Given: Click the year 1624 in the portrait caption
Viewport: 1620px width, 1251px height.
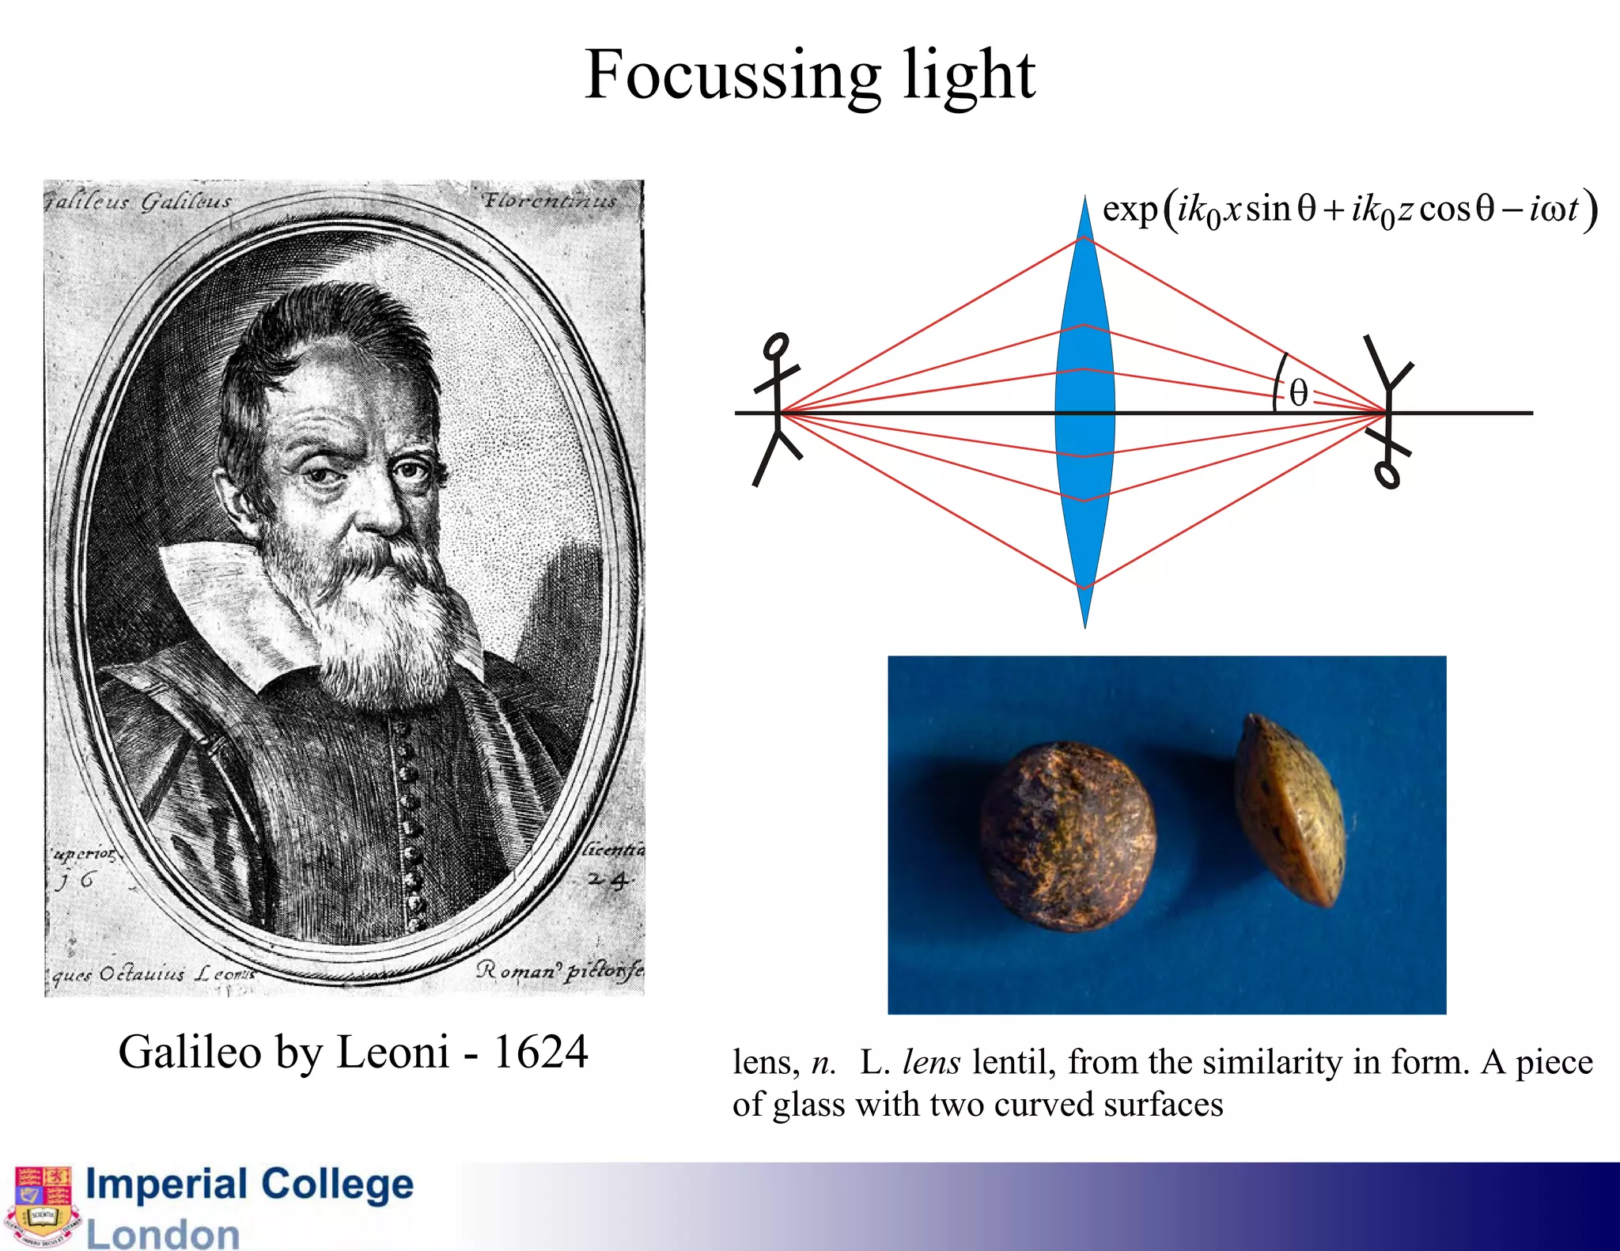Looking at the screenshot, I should pyautogui.click(x=540, y=1052).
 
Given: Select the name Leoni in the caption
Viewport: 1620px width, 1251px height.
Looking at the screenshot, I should pyautogui.click(x=393, y=1052).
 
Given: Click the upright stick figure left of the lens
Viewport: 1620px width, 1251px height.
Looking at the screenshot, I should pyautogui.click(x=776, y=407).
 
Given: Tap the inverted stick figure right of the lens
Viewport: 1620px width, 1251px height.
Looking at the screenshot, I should pyautogui.click(x=1388, y=411).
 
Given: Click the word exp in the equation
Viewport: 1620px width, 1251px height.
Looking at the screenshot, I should pyautogui.click(x=1129, y=209).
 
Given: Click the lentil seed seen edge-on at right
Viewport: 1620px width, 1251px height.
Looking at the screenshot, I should pyautogui.click(x=1289, y=811).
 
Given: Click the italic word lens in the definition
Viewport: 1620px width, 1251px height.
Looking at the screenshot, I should pyautogui.click(x=931, y=1062).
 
